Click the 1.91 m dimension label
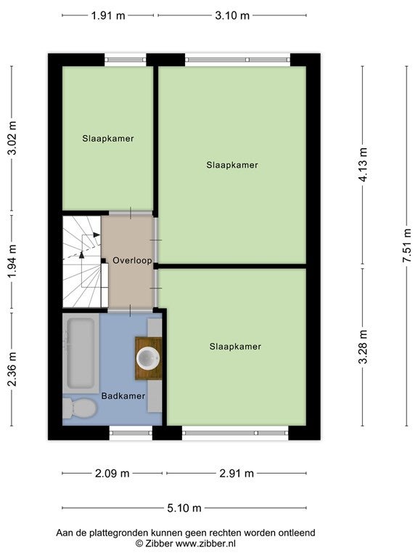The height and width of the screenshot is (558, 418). [108, 16]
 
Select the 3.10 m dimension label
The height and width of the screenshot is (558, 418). [232, 16]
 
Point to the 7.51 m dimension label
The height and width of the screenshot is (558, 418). [406, 246]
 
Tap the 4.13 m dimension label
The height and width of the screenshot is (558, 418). [363, 164]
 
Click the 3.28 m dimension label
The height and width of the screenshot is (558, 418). [363, 347]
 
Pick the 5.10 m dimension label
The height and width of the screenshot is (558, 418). [184, 508]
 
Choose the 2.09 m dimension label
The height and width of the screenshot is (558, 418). [112, 473]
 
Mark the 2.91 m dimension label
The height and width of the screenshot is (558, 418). [237, 473]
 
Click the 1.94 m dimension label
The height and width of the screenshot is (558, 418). [12, 262]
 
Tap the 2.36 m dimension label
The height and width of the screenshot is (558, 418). [12, 369]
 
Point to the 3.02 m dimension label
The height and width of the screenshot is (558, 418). [12, 139]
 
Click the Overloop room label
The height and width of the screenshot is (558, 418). [132, 261]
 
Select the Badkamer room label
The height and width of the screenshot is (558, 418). [123, 396]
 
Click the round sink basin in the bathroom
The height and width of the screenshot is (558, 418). [148, 358]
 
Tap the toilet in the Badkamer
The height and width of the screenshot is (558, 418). [80, 408]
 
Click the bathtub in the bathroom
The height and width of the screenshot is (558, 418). [81, 353]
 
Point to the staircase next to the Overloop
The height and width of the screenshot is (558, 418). [82, 262]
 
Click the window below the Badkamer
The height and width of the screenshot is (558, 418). [131, 433]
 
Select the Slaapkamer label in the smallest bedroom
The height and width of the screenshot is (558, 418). [107, 139]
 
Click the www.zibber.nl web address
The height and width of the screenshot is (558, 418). [205, 543]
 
